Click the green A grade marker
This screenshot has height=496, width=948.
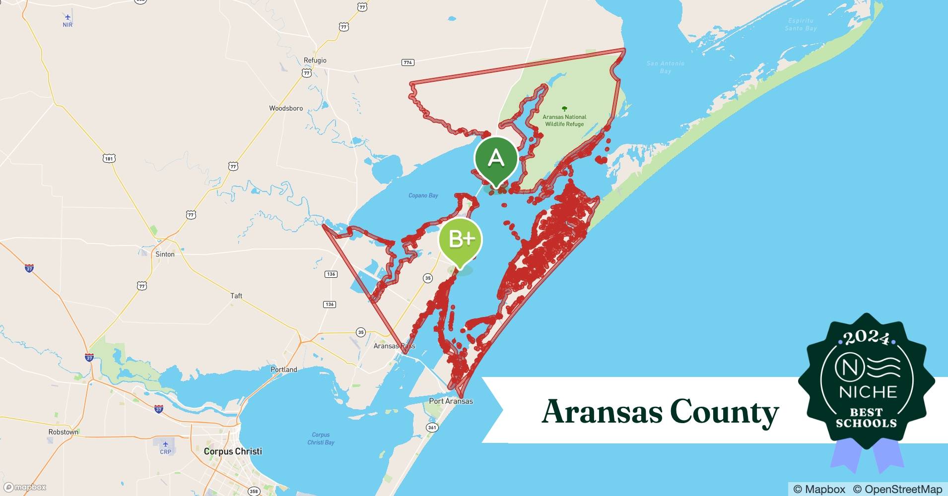click(496, 158)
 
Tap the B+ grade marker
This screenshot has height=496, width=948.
click(460, 240)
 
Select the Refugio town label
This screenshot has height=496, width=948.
click(315, 61)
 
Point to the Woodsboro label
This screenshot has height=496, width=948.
click(286, 108)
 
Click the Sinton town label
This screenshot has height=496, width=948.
click(165, 254)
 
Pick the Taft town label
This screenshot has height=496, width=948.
click(236, 296)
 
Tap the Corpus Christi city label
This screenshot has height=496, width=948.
click(233, 451)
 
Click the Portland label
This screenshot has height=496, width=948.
click(284, 370)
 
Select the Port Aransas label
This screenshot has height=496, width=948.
click(451, 401)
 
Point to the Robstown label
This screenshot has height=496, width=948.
click(63, 432)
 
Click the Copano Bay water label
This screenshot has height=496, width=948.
click(423, 195)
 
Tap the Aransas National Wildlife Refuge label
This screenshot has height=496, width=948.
click(564, 121)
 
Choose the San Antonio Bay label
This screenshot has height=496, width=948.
click(665, 67)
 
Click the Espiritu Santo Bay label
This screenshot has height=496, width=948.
click(801, 24)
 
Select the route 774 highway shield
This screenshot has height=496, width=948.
click(408, 62)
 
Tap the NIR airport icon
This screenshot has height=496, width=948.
click(68, 17)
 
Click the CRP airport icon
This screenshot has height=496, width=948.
click(165, 444)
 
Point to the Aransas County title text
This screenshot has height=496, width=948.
click(660, 412)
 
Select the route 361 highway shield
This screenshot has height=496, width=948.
click(432, 428)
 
